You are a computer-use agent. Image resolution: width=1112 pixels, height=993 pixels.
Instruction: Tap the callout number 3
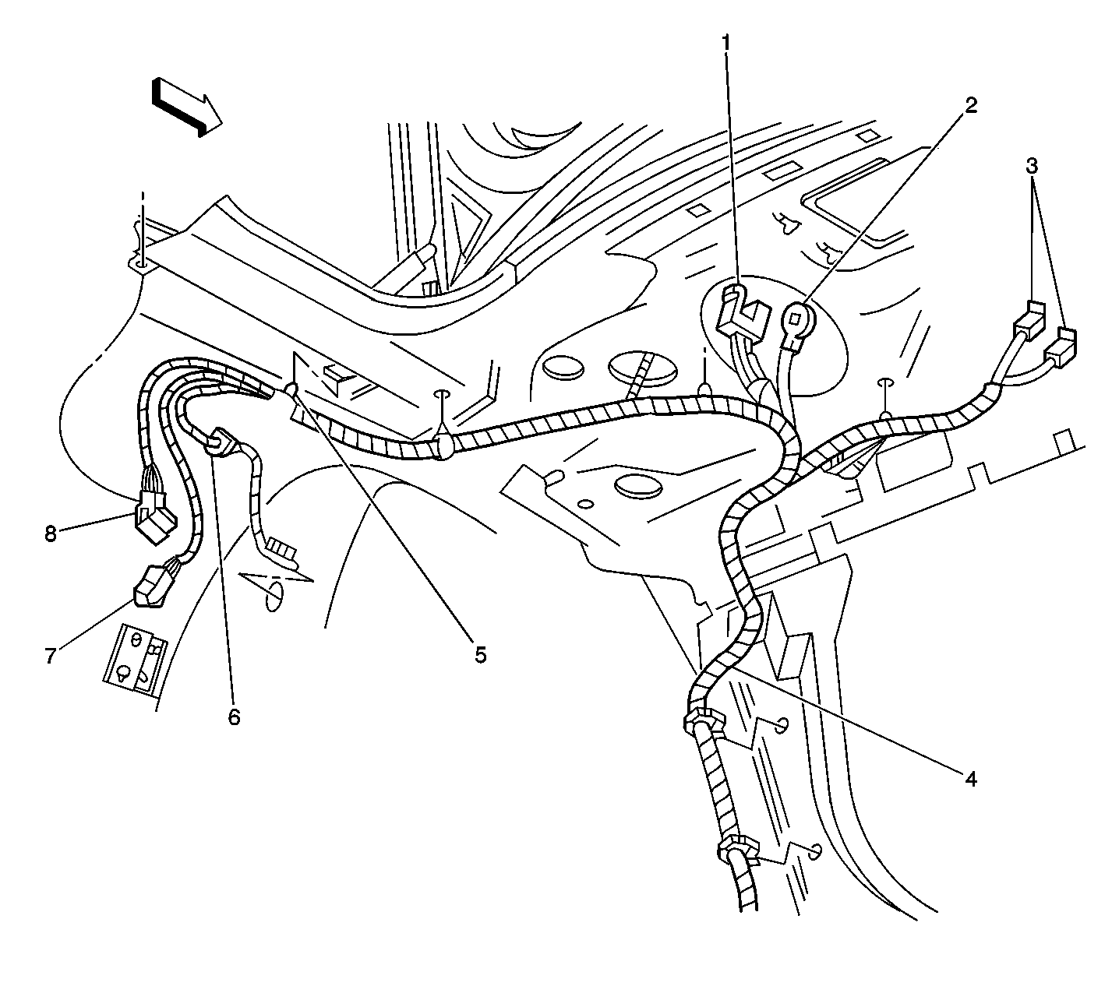(1032, 166)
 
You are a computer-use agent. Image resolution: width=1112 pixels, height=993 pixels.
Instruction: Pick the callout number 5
(480, 654)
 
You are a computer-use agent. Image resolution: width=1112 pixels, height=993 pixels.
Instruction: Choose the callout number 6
(235, 717)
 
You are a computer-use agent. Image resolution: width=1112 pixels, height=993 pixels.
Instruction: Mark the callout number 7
(51, 656)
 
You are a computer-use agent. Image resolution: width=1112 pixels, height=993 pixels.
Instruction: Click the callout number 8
(51, 533)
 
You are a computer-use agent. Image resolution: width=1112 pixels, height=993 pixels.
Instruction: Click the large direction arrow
(186, 107)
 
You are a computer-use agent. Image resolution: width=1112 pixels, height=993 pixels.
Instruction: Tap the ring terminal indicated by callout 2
(795, 325)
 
